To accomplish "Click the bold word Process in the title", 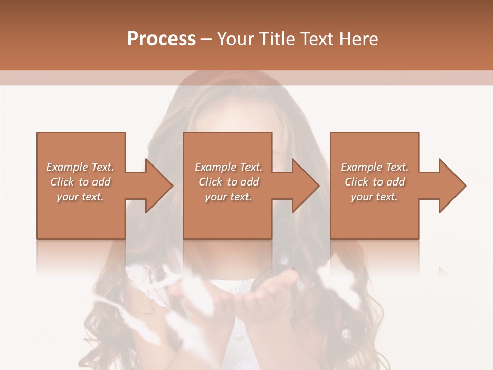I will pos(161,39).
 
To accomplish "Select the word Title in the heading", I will pos(277,39).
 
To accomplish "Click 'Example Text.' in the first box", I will pos(80,167).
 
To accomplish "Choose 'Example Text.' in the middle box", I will pos(229,167).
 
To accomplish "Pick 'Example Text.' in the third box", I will pos(374,167).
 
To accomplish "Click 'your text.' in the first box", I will pos(80,197).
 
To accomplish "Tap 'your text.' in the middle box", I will pos(229,197).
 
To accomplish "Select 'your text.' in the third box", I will pos(374,197).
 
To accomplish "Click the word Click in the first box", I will pos(62,182).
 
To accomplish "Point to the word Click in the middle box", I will pos(211,182).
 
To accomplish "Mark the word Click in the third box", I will pos(356,182).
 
